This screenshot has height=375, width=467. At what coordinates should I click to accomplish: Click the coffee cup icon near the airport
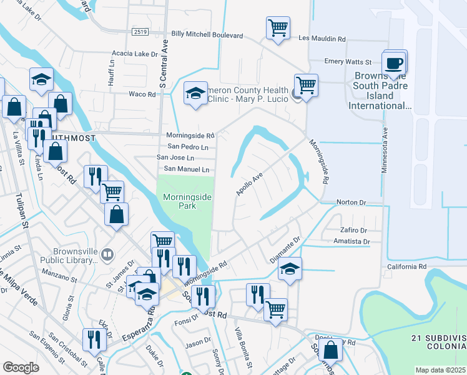pyautogui.click(x=394, y=63)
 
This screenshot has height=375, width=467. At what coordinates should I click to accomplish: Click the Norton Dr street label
pyautogui.click(x=350, y=202)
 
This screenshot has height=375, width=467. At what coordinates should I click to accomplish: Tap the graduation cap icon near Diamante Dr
pyautogui.click(x=290, y=269)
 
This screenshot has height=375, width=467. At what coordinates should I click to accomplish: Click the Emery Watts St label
pyautogui.click(x=348, y=62)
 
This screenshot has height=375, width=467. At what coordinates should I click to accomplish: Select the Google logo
pyautogui.click(x=21, y=367)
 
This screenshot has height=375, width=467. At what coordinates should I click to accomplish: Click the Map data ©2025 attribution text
pyautogui.click(x=440, y=370)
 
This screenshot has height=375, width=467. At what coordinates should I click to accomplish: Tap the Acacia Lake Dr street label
pyautogui.click(x=134, y=54)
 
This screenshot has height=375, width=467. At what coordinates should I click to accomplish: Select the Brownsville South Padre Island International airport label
pyautogui.click(x=382, y=91)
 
